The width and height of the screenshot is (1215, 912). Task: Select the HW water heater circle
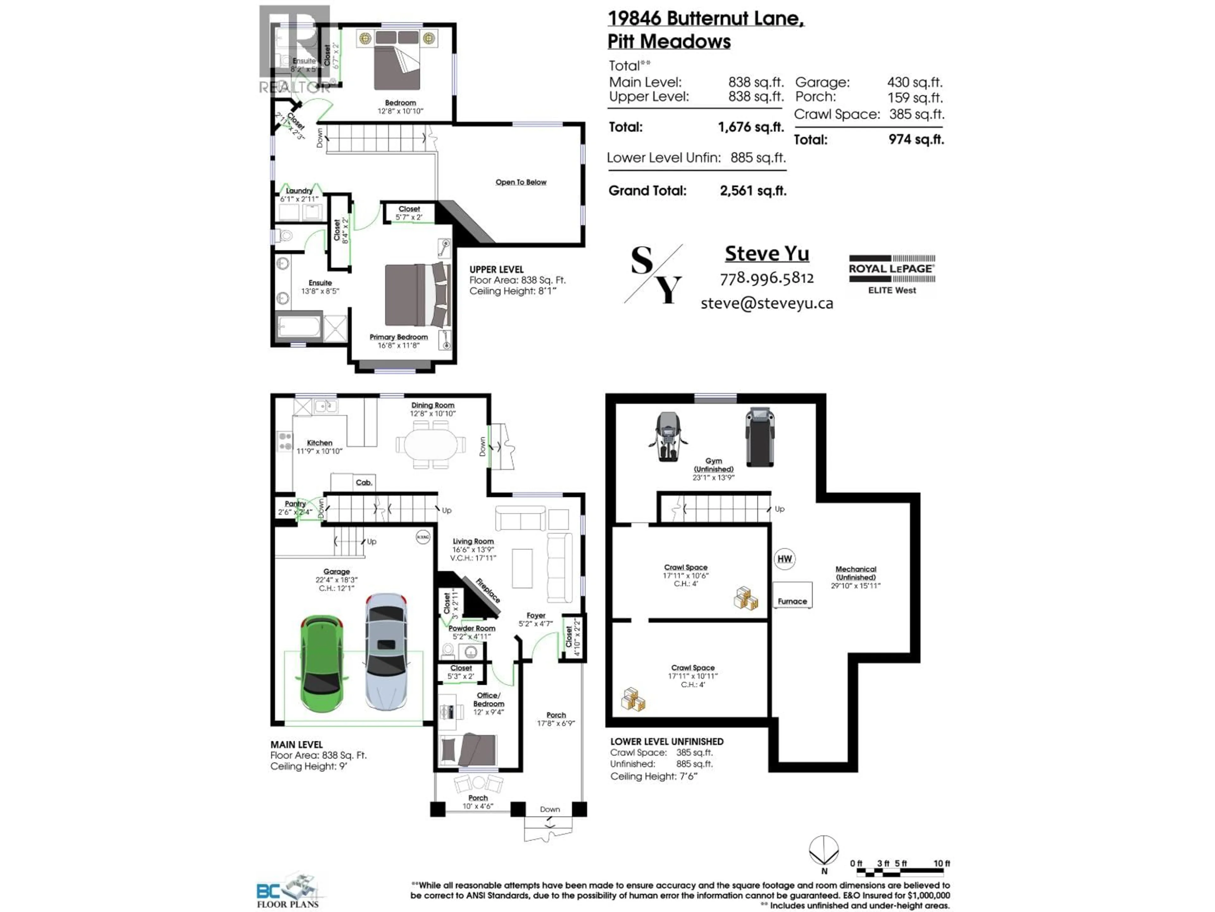tap(784, 559)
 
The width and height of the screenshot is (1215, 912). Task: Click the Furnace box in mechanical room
tap(792, 596)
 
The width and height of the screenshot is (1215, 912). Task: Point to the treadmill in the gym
tap(760, 437)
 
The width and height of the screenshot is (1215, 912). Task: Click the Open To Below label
tap(521, 182)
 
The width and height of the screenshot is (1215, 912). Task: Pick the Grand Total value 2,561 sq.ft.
tap(752, 191)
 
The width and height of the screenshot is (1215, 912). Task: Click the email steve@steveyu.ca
tap(767, 303)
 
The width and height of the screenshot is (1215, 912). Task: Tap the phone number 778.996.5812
tap(767, 278)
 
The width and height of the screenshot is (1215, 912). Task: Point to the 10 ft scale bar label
tap(941, 864)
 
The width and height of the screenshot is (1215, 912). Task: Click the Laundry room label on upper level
tap(299, 191)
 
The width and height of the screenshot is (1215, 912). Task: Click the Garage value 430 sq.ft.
tap(914, 82)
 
